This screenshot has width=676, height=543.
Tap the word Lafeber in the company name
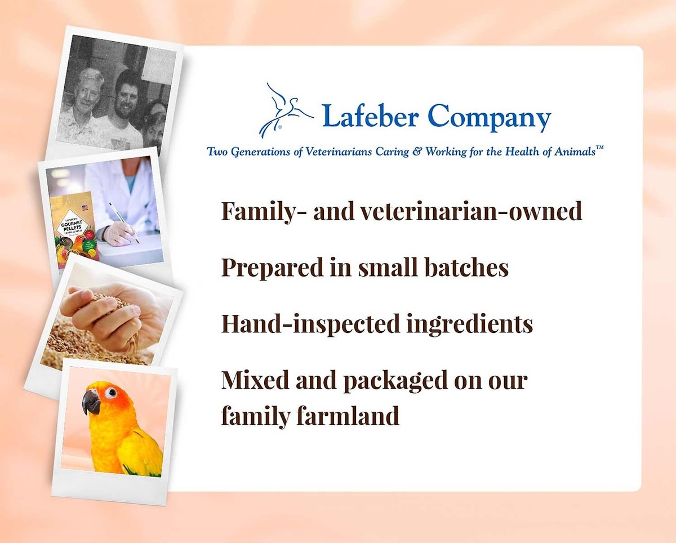click(x=371, y=116)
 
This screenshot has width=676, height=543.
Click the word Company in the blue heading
click(x=489, y=118)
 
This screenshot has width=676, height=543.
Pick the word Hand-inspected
click(x=310, y=324)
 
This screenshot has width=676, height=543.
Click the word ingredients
click(x=470, y=324)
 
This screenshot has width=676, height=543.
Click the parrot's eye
click(x=112, y=393)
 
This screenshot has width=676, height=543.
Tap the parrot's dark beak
click(x=91, y=402)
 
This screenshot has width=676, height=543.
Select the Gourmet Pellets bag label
click(x=72, y=226)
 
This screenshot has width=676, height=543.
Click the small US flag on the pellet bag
click(x=85, y=208)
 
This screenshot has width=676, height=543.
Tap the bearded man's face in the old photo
click(x=126, y=94)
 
